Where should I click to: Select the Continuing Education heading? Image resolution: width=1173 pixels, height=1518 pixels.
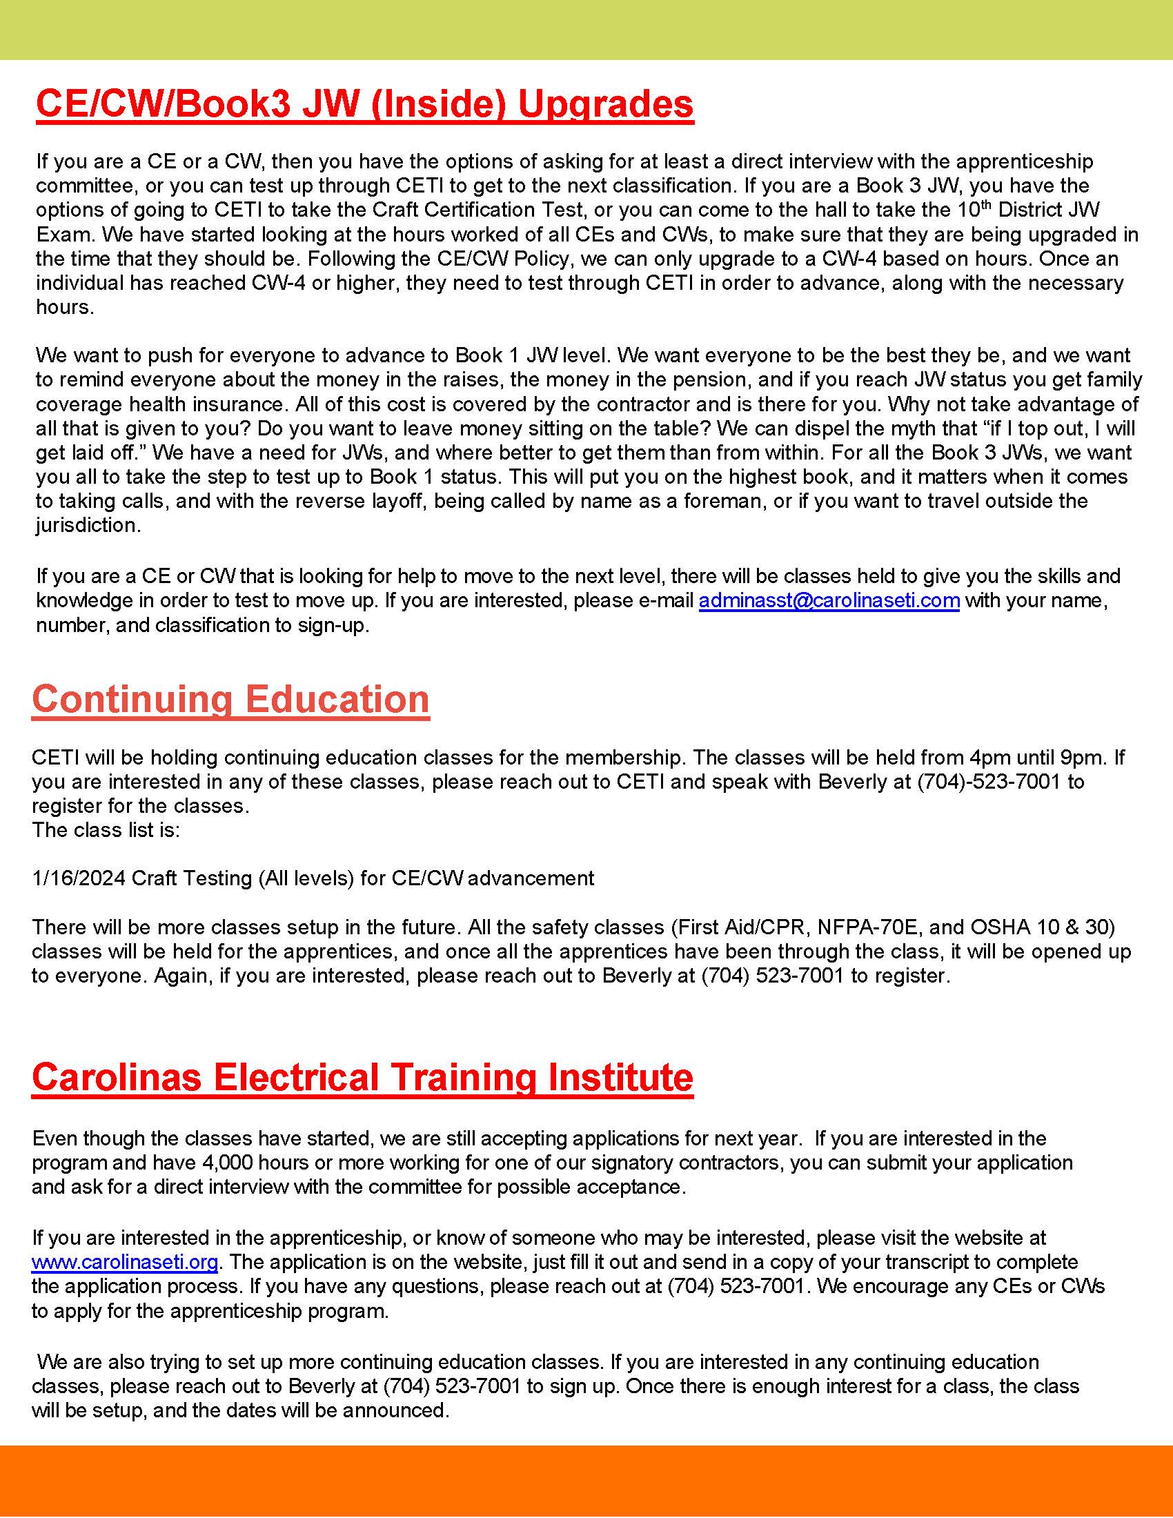pyautogui.click(x=230, y=699)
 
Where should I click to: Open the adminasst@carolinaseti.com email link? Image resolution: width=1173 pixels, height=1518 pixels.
pyautogui.click(x=829, y=600)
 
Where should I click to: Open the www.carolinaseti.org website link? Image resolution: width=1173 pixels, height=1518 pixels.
pyautogui.click(x=125, y=1261)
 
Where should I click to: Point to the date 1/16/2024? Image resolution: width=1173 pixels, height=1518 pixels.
pyautogui.click(x=79, y=878)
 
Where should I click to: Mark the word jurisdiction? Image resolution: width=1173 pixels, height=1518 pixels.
pyautogui.click(x=88, y=526)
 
